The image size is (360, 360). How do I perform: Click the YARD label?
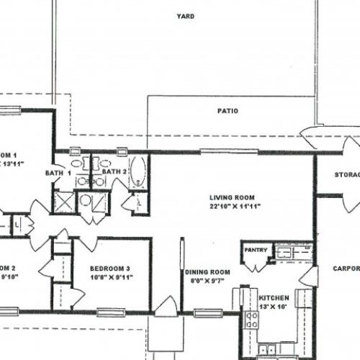[181, 16]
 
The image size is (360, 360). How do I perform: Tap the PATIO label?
[228, 111]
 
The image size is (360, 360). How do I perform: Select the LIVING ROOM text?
[232, 197]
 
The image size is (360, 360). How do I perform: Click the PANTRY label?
[256, 251]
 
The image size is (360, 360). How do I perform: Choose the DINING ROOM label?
[207, 271]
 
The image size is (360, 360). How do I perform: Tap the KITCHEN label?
[274, 297]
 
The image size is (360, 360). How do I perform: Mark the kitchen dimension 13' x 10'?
[274, 307]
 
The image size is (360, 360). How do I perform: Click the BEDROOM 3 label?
[110, 269]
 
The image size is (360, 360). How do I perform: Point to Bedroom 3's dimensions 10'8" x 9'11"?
[110, 279]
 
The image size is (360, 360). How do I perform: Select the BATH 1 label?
[59, 173]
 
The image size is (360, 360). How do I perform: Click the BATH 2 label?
[114, 172]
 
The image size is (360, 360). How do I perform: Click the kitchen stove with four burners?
[251, 319]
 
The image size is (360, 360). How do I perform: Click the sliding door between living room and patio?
[219, 152]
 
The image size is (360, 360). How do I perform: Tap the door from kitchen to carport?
[309, 276]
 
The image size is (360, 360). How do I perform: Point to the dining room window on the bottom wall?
[207, 313]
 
